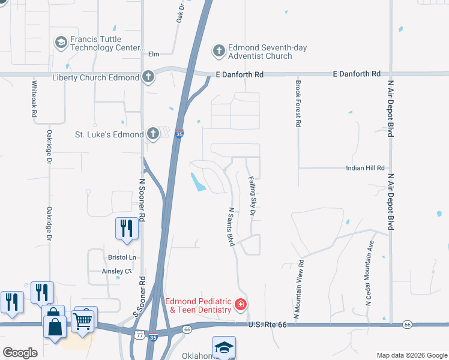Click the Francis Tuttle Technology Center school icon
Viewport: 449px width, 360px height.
[x=61, y=43]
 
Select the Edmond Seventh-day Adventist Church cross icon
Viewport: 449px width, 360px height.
[x=218, y=51]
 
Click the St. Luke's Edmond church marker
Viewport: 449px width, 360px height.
[x=152, y=134]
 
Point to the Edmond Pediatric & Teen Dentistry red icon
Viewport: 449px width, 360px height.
[x=241, y=305]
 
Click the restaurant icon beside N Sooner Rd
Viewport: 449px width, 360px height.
[x=126, y=229]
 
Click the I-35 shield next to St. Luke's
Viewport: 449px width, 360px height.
[x=179, y=134]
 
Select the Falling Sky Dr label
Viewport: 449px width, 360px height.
[x=253, y=196]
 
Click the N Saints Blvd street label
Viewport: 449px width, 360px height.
[x=230, y=227]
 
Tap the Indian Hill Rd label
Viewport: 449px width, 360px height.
[x=365, y=169]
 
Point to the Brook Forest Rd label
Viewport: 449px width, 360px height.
[x=297, y=103]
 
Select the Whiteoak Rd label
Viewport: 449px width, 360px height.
[x=34, y=99]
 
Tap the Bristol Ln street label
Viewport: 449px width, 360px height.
[x=122, y=257]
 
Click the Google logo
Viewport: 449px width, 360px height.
[x=20, y=353]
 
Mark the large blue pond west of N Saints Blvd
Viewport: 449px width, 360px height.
[x=197, y=182]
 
